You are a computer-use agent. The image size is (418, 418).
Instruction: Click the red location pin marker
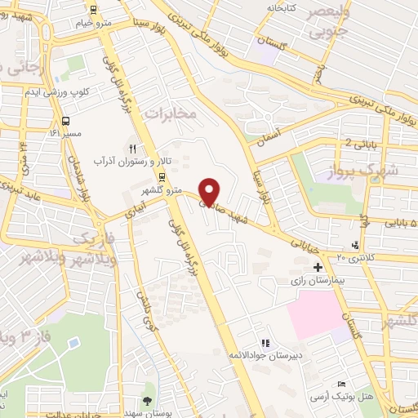coord(209,191)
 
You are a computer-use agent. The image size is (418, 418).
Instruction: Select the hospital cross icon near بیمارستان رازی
coord(318,267)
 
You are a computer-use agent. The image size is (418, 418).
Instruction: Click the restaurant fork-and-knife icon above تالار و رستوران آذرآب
coord(131,148)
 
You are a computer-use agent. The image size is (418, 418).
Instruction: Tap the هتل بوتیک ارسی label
coord(341,396)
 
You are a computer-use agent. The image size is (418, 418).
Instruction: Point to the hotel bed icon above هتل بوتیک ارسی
coord(341,383)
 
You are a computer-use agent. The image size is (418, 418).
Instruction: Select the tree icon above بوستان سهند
coord(148,399)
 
